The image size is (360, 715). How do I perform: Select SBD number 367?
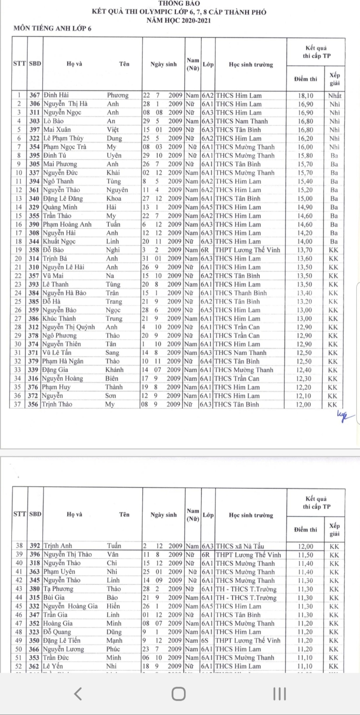tap(35, 95)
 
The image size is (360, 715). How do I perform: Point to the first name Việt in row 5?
tap(113, 130)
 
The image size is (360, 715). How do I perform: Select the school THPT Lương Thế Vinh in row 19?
tap(247, 250)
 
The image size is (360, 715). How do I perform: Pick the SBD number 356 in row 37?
tap(35, 405)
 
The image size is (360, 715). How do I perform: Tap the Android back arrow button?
tap(78, 694)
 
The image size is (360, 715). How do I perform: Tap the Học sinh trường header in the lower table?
tap(251, 515)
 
